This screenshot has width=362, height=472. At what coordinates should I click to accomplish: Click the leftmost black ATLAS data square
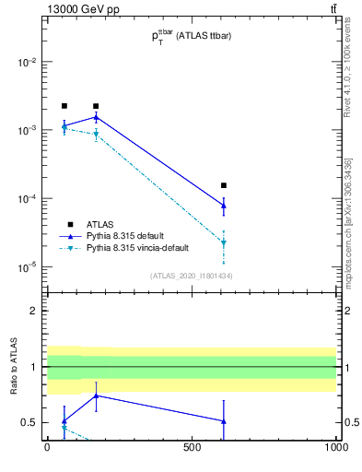[64, 106]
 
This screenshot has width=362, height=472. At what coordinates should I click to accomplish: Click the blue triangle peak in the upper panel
[96, 117]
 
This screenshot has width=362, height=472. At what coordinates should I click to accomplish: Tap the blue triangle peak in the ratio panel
[96, 395]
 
